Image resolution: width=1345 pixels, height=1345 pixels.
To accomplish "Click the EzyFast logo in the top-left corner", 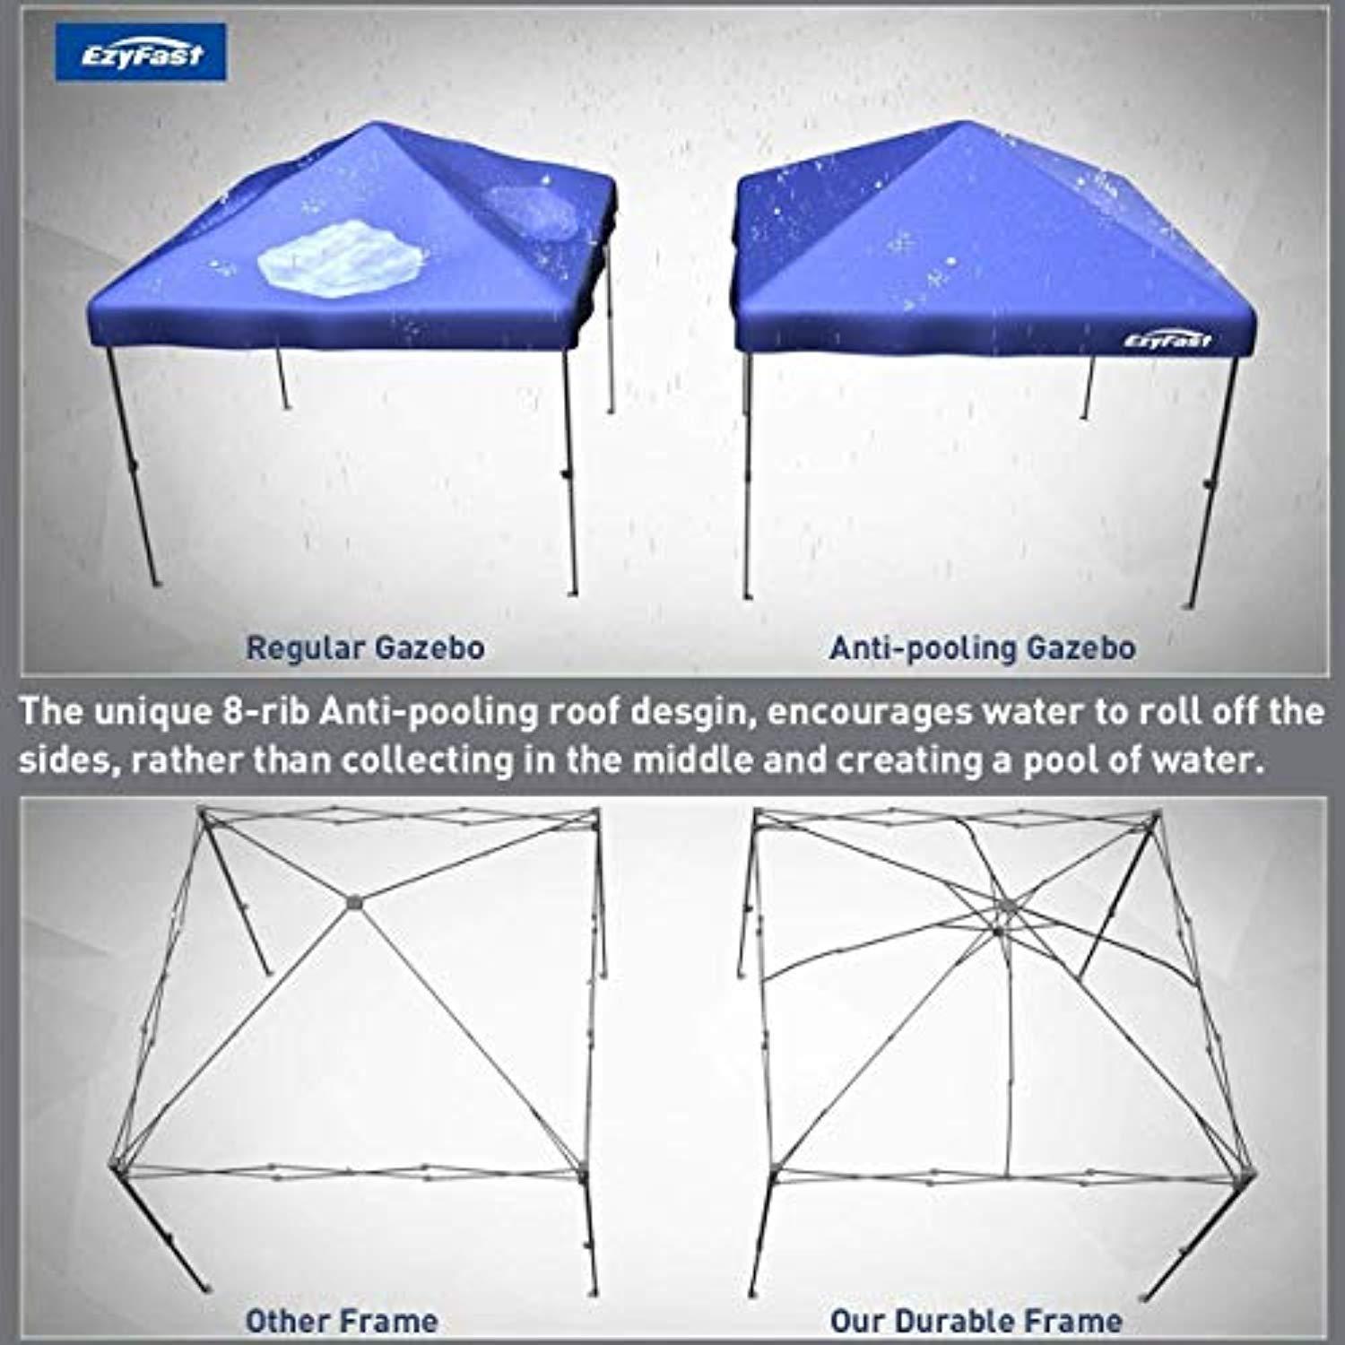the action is point(141,53).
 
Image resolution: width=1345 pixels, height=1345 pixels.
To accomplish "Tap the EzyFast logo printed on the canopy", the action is point(1167,340).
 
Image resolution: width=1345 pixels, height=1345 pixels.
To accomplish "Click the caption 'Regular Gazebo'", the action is point(365,647).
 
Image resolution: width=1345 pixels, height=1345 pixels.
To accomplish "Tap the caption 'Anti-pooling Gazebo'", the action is point(982,647).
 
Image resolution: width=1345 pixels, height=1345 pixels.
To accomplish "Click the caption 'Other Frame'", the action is point(342,1320).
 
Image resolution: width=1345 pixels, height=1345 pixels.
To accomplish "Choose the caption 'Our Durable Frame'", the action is point(976,1320).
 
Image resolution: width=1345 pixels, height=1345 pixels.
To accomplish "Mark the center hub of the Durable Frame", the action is point(1005,907).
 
